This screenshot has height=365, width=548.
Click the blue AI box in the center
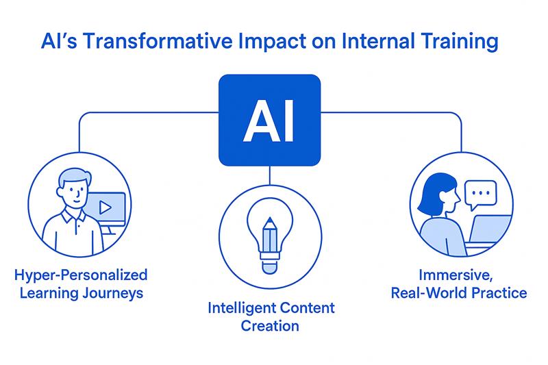click(270, 121)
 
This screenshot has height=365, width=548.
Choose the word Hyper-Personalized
click(81, 276)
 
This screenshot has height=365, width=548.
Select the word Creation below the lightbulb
click(270, 326)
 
